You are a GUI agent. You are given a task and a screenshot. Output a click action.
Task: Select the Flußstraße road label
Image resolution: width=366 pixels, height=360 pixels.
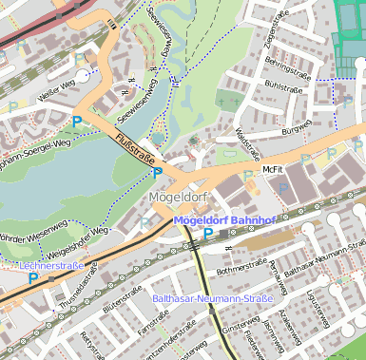(x=136, y=151)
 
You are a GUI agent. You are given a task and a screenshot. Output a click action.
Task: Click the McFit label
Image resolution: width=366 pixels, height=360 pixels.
(x=273, y=169)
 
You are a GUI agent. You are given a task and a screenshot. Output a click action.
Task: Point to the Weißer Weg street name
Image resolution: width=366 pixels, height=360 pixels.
(x=56, y=93)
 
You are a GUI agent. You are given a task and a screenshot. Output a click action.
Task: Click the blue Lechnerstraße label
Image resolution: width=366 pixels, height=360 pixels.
(x=51, y=267)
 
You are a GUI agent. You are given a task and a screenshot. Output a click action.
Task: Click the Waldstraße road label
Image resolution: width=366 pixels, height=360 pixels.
(x=245, y=143)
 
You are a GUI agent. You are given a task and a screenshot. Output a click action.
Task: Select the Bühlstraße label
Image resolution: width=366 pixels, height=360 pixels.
(x=283, y=95)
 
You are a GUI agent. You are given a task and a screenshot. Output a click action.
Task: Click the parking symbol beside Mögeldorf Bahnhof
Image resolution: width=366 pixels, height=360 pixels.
(x=208, y=234)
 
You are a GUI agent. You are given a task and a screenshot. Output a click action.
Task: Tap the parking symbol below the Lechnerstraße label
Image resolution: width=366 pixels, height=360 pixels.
(x=34, y=279)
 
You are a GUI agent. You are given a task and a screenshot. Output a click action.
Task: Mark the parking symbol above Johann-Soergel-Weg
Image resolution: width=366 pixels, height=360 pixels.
(x=77, y=122)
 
